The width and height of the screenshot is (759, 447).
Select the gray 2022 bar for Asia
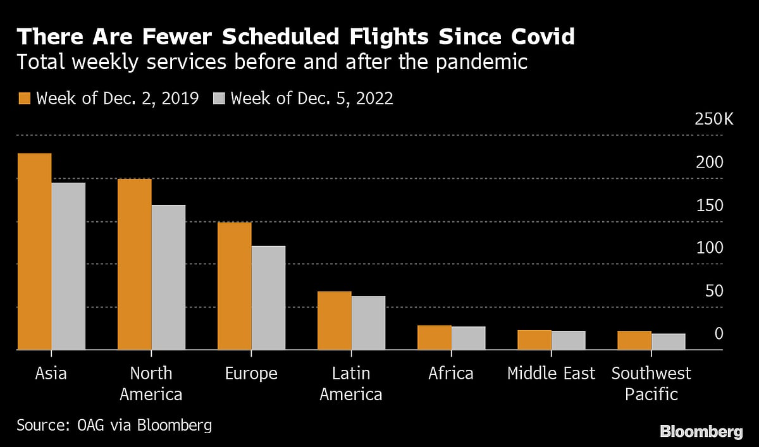coord(68,266)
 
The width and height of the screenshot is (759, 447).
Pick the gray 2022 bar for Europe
coord(268,297)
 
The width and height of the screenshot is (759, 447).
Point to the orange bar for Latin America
coord(334,321)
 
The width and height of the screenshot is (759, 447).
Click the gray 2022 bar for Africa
coord(468,338)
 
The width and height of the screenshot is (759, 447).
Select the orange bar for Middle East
coord(534,340)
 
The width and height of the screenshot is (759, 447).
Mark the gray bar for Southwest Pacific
coord(668,341)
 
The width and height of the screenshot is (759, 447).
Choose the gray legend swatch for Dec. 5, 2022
coord(219,99)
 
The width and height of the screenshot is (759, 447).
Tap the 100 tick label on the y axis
coord(709,248)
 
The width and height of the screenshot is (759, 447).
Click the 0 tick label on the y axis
coord(719,333)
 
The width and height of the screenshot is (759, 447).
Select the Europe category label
coord(251,374)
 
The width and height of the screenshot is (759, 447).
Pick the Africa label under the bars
coord(451,374)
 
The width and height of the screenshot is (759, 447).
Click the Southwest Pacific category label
coord(651,384)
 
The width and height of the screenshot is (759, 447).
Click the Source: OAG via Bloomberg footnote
coord(114,425)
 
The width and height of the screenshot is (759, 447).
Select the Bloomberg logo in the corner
coord(701,432)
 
